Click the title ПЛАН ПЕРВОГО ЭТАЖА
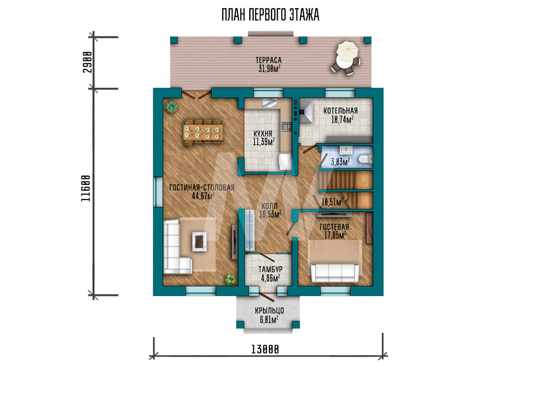tap(270, 15)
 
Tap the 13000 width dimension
tap(265, 350)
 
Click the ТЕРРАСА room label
tap(269, 61)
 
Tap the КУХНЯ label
tap(263, 133)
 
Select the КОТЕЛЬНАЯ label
tap(340, 111)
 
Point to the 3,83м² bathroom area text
tap(340, 162)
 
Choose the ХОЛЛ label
tap(269, 207)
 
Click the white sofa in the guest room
tap(334, 273)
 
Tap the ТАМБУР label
tap(270, 269)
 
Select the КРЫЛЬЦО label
tap(269, 311)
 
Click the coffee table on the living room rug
tap(199, 241)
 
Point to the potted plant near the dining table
tap(171, 107)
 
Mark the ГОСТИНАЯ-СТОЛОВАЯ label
tap(202, 188)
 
